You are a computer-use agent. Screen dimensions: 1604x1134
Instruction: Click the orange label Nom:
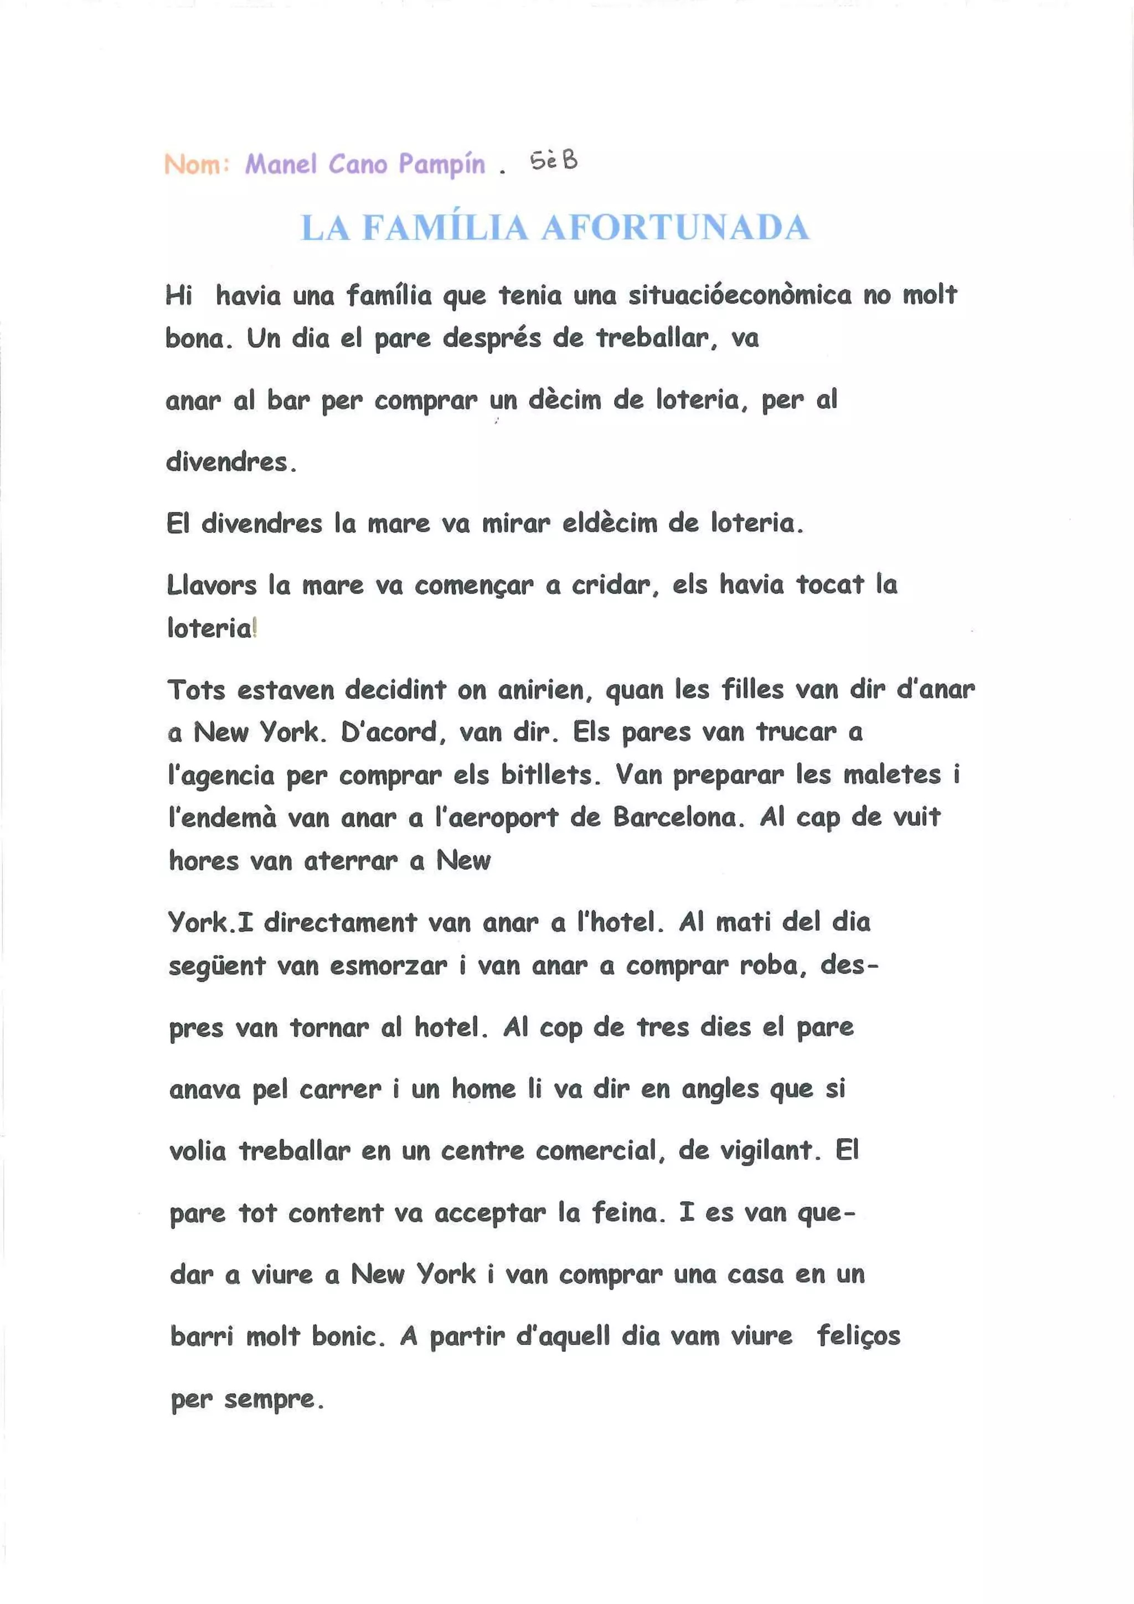coord(196,165)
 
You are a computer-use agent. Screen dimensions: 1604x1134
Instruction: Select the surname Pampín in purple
coord(441,164)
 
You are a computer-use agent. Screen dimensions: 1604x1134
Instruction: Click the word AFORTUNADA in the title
coord(674,228)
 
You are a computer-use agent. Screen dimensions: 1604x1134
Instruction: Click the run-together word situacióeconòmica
coord(739,296)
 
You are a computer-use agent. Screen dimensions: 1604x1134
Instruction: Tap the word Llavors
coord(212,585)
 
